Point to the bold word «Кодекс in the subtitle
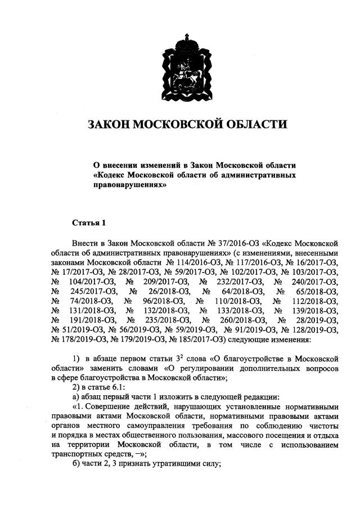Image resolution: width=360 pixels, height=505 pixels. pos(111,175)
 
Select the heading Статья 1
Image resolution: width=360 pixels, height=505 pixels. pos(89,223)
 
